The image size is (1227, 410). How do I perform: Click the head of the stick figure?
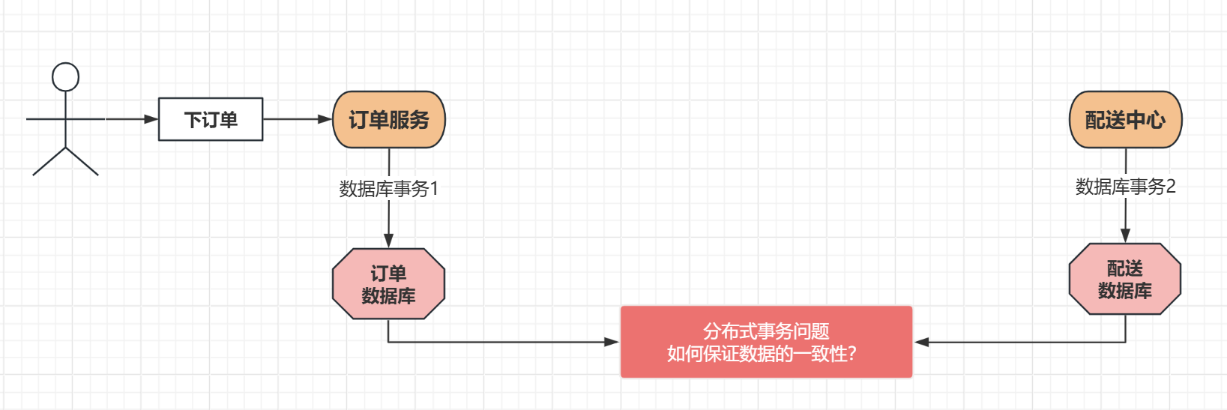click(65, 76)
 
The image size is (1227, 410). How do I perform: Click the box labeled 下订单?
click(211, 119)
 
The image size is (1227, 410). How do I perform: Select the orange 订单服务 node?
click(389, 119)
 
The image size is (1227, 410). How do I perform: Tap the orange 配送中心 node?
click(1125, 119)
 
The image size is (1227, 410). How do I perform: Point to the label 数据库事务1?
click(388, 189)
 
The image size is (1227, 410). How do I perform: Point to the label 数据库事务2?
click(1125, 187)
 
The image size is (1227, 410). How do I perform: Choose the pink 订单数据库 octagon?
click(388, 284)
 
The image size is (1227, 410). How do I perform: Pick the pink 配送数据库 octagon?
click(1124, 279)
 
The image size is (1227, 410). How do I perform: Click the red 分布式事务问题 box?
click(766, 342)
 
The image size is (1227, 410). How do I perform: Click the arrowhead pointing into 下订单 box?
click(151, 118)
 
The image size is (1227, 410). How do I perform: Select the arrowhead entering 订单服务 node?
click(325, 118)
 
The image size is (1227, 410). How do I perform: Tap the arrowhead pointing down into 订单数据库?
click(388, 241)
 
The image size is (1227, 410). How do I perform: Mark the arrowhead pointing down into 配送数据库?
click(1125, 235)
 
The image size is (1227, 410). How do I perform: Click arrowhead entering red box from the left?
click(612, 342)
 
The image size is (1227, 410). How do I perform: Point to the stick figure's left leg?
click(49, 162)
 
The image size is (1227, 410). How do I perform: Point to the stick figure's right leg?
click(82, 162)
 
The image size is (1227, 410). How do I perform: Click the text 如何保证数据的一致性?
click(762, 354)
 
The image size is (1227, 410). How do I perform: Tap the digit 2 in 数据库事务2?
click(1171, 187)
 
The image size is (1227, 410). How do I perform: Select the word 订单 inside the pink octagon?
click(388, 273)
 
